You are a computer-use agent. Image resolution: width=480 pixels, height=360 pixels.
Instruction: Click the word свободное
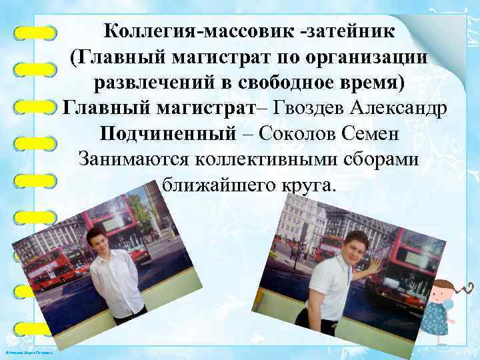pos(289,82)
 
